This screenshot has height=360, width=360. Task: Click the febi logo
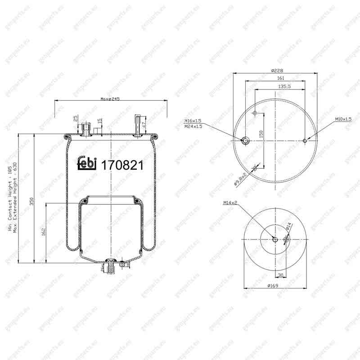(x=86, y=164)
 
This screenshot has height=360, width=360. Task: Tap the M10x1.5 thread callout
(x=342, y=119)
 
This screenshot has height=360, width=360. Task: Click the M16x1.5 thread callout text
(x=193, y=121)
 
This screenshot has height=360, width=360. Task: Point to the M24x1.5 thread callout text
(x=193, y=126)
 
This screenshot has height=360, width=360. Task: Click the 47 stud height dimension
(x=144, y=125)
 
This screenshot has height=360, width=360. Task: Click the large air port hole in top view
(x=245, y=141)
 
